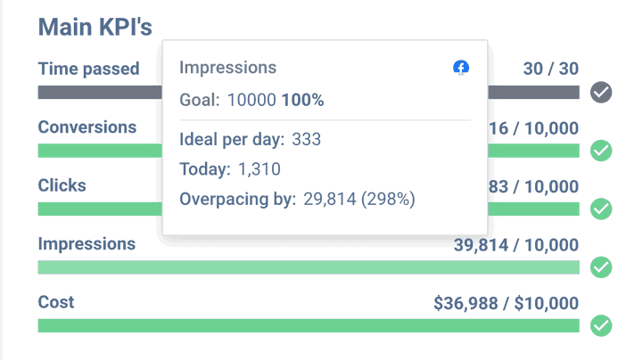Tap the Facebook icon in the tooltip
coord(461,68)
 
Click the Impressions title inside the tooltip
coord(227,68)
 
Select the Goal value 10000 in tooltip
coord(251,100)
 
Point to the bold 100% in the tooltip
coord(303,100)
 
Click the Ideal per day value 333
coord(306,140)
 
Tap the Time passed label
coord(88,69)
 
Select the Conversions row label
coord(86,127)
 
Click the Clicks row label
coord(62,185)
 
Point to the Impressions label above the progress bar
coord(86,244)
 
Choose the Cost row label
coord(56,302)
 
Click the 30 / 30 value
coord(550,69)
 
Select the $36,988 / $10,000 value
coord(506,302)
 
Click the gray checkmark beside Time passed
coord(602,92)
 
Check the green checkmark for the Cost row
coord(602,325)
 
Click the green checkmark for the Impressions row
coord(602,266)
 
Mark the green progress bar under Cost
coord(308,325)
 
